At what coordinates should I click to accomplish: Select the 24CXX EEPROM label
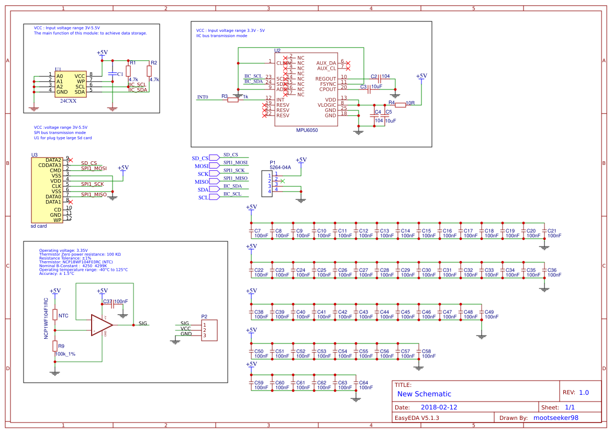[x=68, y=101]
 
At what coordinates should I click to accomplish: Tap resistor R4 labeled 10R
[x=400, y=105]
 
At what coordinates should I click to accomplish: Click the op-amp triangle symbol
[x=101, y=325]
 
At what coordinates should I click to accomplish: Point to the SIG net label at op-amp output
[x=143, y=324]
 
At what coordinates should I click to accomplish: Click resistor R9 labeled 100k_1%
[x=54, y=346]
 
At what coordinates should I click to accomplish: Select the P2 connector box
[x=209, y=330]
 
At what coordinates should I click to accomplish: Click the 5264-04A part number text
[x=276, y=168]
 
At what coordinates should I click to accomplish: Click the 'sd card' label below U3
[x=39, y=226]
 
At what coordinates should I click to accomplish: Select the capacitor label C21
[x=552, y=231]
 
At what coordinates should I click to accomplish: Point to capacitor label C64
[x=363, y=383]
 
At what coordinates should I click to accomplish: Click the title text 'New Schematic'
[x=424, y=394]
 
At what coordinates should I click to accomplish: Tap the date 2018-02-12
[x=439, y=407]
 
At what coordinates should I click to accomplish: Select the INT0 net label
[x=202, y=97]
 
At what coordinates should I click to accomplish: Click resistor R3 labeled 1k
[x=233, y=99]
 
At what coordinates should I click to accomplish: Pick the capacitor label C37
[x=107, y=302]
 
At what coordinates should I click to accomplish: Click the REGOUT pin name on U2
[x=326, y=79]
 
